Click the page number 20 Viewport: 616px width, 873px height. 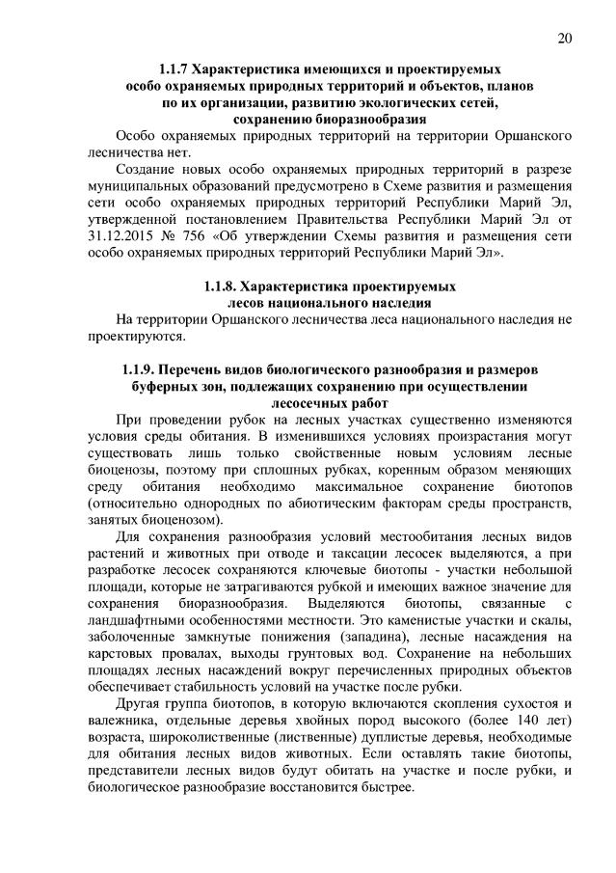coord(565,39)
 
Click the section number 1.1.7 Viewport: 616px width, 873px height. coord(176,70)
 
